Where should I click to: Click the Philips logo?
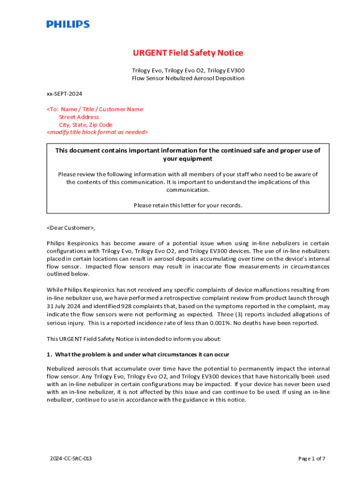coord(68,24)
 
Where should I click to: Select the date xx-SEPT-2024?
coord(61,94)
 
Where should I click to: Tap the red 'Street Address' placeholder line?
coord(79,117)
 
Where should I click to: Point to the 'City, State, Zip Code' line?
coord(86,125)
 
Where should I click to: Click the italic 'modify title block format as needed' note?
coord(97,132)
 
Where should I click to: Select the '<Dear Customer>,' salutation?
coord(71,228)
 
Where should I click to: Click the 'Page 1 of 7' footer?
coord(312,458)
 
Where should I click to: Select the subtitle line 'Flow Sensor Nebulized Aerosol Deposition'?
coord(188,78)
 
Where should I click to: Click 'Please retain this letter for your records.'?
coord(188,205)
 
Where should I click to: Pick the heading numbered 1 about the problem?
coord(138,354)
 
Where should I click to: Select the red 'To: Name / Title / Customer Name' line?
coord(95,109)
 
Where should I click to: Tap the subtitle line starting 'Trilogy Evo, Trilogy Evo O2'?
coord(188,70)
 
